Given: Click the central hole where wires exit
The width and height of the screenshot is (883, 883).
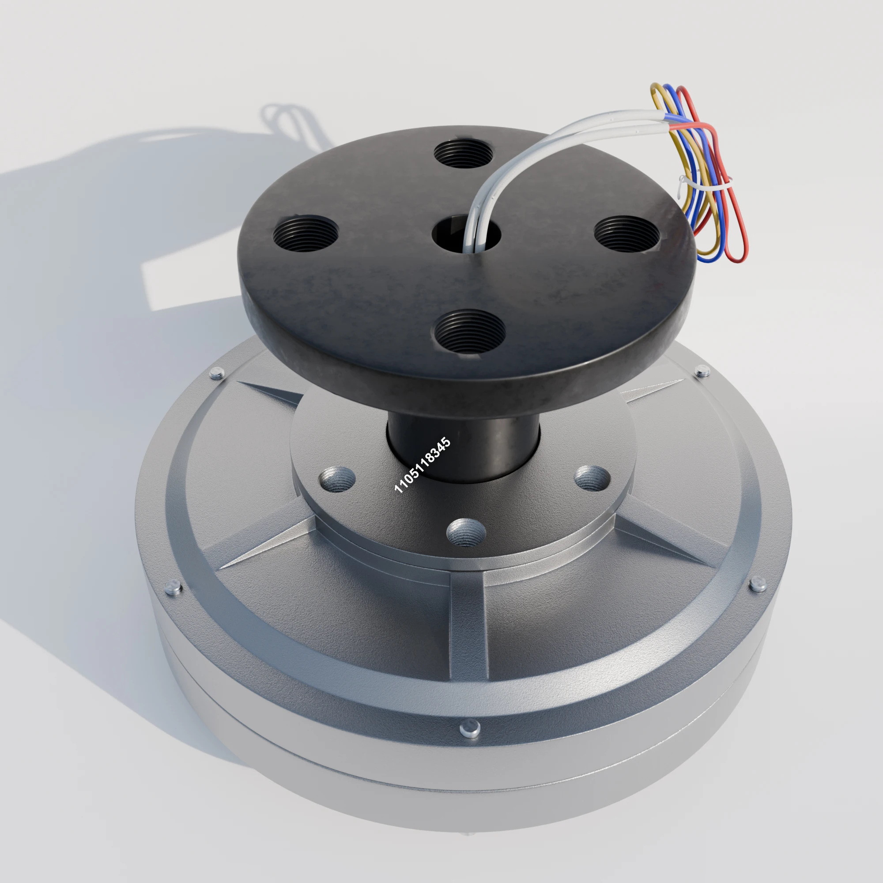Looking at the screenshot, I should pos(466,234).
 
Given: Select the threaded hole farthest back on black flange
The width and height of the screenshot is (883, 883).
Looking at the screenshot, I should pos(464,154).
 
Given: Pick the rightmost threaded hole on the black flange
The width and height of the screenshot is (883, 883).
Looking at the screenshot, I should pos(626,234).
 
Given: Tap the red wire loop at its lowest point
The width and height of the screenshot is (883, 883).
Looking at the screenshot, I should pos(737,260).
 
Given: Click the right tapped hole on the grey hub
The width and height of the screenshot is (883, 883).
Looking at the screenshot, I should pos(592,478).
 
